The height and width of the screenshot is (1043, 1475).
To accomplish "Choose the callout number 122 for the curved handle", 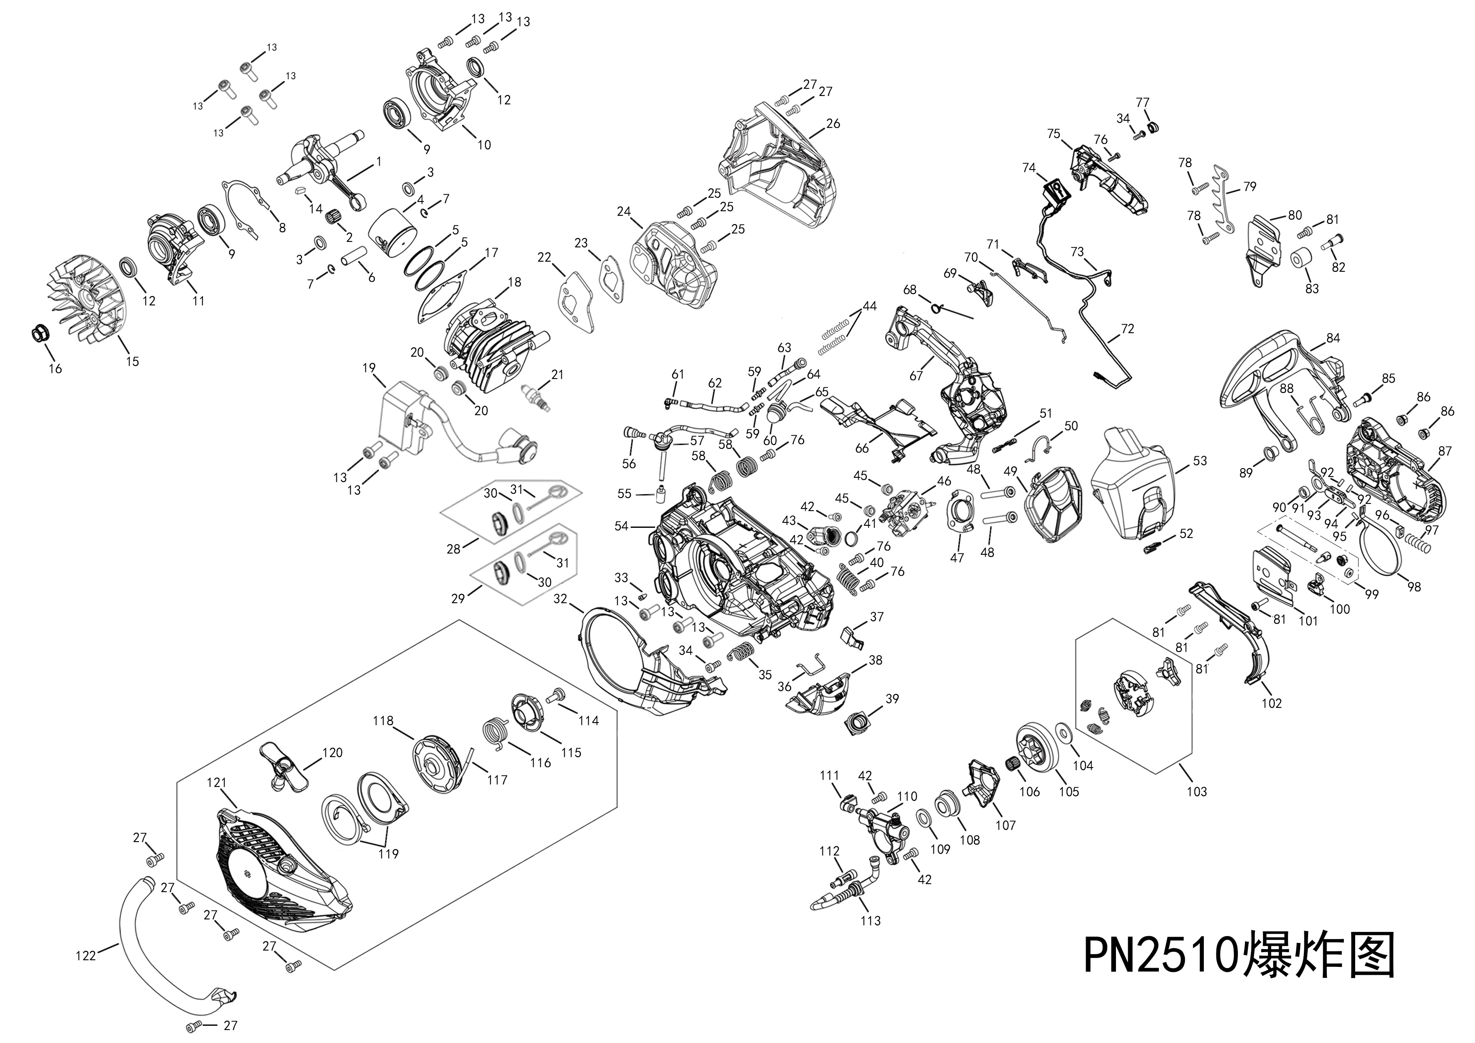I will [85, 956].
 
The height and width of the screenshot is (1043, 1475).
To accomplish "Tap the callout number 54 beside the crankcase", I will [621, 526].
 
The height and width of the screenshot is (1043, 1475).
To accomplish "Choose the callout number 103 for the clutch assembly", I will [1196, 791].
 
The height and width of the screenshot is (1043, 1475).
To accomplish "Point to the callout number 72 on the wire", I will [1127, 329].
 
